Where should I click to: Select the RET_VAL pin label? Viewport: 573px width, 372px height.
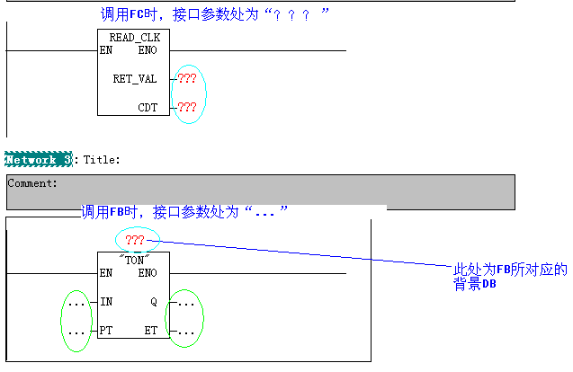[x=134, y=79]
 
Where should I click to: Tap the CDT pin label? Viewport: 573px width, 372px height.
[x=148, y=108]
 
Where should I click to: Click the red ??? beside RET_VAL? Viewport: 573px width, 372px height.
[x=187, y=79]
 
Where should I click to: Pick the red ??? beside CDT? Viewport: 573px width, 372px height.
[x=187, y=108]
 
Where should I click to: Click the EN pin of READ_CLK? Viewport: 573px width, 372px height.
[x=106, y=50]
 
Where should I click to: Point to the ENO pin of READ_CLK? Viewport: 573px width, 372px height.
[x=147, y=50]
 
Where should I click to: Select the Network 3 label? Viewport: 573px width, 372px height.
[x=38, y=159]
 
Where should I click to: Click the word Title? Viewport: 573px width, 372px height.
[x=102, y=159]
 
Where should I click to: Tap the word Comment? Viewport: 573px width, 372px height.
[x=32, y=182]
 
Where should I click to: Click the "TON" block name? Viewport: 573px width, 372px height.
[x=134, y=259]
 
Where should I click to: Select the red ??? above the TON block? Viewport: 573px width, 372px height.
[x=135, y=240]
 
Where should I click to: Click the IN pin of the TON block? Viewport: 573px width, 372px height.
[x=107, y=302]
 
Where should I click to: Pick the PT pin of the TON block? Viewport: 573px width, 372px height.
[x=107, y=331]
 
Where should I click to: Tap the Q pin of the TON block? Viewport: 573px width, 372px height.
[x=153, y=302]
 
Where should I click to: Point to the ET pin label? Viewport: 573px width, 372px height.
[x=150, y=331]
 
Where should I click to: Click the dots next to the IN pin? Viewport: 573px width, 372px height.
[x=76, y=304]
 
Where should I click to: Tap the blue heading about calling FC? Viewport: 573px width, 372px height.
[x=215, y=14]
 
